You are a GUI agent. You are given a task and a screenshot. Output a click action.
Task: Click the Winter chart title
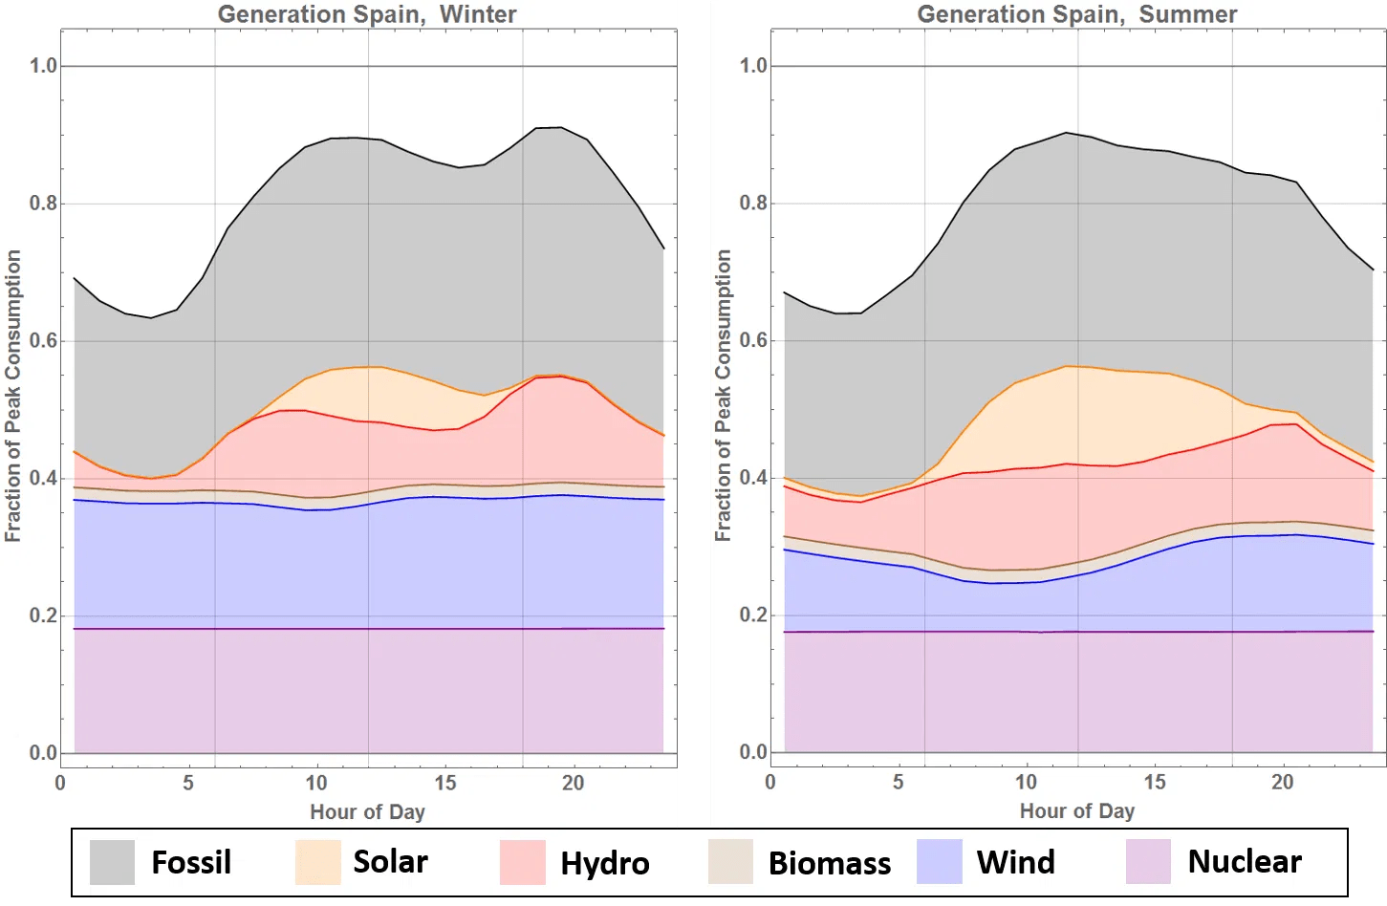coord(367,14)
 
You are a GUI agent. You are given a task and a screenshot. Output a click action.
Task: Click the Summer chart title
coord(1076,14)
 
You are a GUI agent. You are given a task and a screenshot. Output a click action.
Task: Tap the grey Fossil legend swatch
coord(112,861)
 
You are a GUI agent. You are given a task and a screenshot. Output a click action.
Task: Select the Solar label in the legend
coord(390,861)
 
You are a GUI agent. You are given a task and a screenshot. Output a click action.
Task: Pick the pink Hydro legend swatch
coord(522,861)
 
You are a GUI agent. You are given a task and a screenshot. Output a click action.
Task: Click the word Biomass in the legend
coord(829,863)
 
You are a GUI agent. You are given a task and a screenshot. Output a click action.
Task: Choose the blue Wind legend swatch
coord(939,861)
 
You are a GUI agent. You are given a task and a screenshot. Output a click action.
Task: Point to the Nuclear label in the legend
coord(1244,861)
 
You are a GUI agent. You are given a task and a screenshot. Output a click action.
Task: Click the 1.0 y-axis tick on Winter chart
coord(43,66)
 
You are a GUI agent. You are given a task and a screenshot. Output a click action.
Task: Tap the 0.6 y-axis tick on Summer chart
coord(753,340)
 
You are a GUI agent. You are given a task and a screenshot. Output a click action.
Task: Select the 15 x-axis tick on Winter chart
coord(444,783)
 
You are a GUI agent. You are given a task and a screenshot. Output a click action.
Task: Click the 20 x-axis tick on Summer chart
coord(1282,782)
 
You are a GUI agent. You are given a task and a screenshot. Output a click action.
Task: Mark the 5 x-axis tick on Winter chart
coord(188,783)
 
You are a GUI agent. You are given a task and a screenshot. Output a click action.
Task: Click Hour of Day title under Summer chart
coord(1076,811)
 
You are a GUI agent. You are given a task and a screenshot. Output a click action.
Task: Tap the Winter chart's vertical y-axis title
coord(13,396)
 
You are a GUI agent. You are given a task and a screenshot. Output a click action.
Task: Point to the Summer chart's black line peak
coord(1066,133)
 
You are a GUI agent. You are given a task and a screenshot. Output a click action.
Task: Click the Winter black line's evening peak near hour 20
coord(560,127)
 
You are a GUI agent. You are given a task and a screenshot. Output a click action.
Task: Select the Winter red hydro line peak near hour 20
coord(560,377)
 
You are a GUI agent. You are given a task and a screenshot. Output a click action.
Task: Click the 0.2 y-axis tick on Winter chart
coord(43,615)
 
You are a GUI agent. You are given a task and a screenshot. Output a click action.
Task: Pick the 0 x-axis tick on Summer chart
coord(770,782)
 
